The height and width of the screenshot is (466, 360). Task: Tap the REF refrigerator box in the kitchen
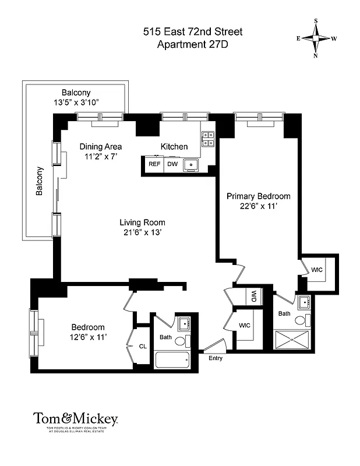[x=154, y=164]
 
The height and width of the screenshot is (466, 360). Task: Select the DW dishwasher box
[x=172, y=164]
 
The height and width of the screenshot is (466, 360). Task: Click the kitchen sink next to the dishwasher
[x=191, y=165]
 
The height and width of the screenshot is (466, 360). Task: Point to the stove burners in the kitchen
[x=207, y=139]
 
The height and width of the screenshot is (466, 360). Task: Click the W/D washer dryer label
[x=254, y=296]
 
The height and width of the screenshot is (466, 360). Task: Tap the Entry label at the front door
[x=215, y=358]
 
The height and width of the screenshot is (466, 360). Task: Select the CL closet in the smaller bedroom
[x=142, y=347]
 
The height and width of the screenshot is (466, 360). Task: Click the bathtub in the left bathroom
[x=172, y=359]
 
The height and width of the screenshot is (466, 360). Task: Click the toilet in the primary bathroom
[x=300, y=320]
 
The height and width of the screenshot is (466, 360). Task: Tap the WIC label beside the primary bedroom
[x=317, y=270]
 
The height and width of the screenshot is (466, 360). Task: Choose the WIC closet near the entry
[x=245, y=325]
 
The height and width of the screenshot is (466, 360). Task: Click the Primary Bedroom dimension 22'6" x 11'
[x=258, y=206]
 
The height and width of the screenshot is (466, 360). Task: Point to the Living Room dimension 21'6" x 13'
[x=142, y=232]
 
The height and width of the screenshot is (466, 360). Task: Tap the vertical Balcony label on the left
[x=40, y=181]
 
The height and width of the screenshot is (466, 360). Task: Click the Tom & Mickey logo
[x=76, y=418]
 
